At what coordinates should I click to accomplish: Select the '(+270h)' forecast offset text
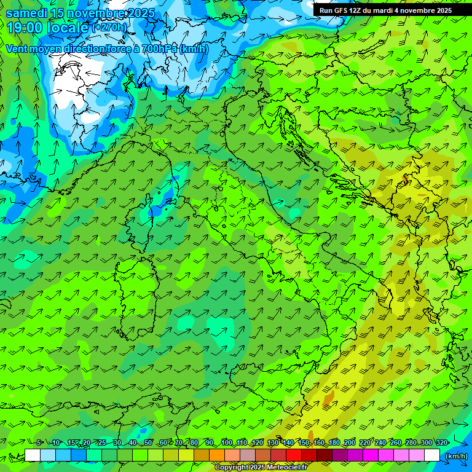coord(110,28)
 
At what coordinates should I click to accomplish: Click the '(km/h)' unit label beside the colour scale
coord(456,456)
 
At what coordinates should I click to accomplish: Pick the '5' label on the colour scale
coord(39,443)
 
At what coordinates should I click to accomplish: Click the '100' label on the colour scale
coord(226,443)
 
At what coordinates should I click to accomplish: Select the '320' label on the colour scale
coord(441,443)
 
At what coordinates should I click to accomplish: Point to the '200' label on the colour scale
coord(349,443)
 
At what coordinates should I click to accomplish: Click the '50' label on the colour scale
coord(148,443)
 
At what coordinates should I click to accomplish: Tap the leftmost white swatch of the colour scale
coord(33,455)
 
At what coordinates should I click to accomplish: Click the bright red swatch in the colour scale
coord(294,455)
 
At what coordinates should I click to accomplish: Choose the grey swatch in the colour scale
coord(248,455)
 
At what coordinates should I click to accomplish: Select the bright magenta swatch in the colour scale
coord(371,455)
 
